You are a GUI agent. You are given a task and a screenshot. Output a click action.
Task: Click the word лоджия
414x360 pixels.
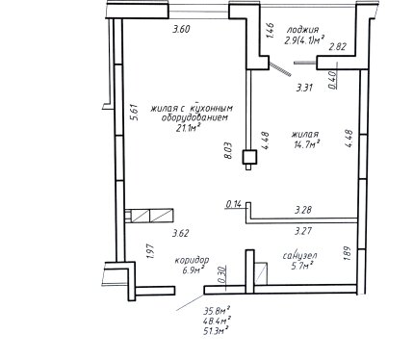pyautogui.click(x=302, y=30)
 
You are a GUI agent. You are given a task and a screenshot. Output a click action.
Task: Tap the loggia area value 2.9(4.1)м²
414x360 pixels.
pyautogui.click(x=303, y=40)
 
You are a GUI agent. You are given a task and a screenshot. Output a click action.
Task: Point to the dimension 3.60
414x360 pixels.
pyautogui.click(x=181, y=29)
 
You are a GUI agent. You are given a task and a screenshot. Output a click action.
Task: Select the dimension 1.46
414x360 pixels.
pyautogui.click(x=270, y=30)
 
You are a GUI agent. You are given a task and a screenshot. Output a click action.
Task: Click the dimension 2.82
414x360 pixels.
pyautogui.click(x=338, y=47)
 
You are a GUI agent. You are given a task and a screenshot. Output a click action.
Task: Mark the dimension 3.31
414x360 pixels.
pyautogui.click(x=304, y=88)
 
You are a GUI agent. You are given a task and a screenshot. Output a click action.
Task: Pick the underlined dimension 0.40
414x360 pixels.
pyautogui.click(x=332, y=79)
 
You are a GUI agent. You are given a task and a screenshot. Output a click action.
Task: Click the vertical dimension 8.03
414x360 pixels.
pyautogui.click(x=228, y=150)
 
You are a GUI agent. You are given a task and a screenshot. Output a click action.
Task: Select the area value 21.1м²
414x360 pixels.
pyautogui.click(x=189, y=128)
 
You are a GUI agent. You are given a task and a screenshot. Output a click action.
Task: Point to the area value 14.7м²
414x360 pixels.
pyautogui.click(x=306, y=144)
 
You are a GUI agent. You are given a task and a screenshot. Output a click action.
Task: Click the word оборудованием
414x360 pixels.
pyautogui.click(x=194, y=117)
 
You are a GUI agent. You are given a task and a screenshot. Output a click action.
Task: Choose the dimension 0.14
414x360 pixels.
pyautogui.click(x=234, y=204)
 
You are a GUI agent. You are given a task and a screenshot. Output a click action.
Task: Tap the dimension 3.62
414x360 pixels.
pyautogui.click(x=180, y=233)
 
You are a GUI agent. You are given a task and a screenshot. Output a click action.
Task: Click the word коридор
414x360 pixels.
pyautogui.click(x=192, y=260)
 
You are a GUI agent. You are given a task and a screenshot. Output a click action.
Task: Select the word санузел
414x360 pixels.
pyautogui.click(x=300, y=256)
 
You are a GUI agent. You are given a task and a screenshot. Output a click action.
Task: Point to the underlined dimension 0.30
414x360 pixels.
pyautogui.click(x=222, y=275)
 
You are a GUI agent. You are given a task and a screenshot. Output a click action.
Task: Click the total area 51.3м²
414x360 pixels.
pyautogui.click(x=217, y=331)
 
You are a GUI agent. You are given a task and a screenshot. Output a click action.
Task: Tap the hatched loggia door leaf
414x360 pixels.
pyautogui.click(x=280, y=69)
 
